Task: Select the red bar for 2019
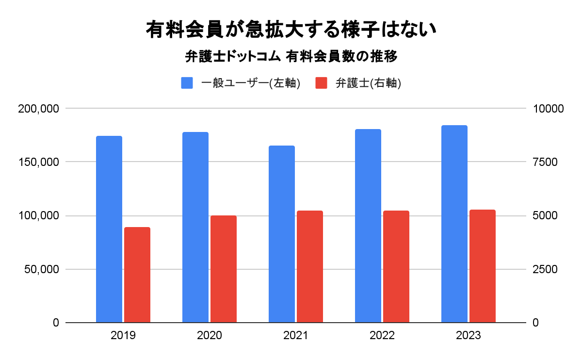pyautogui.click(x=137, y=275)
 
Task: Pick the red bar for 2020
pyautogui.click(x=224, y=269)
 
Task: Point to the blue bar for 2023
pyautogui.click(x=454, y=224)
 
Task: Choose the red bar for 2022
pyautogui.click(x=396, y=266)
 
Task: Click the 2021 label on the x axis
pyautogui.click(x=296, y=335)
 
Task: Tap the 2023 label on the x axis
pyautogui.click(x=469, y=335)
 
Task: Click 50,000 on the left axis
pyautogui.click(x=41, y=269)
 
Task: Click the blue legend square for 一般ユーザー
pyautogui.click(x=187, y=83)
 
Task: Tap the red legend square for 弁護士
pyautogui.click(x=322, y=83)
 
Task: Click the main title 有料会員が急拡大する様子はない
pyautogui.click(x=291, y=30)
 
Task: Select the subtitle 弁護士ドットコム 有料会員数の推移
pyautogui.click(x=291, y=57)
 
